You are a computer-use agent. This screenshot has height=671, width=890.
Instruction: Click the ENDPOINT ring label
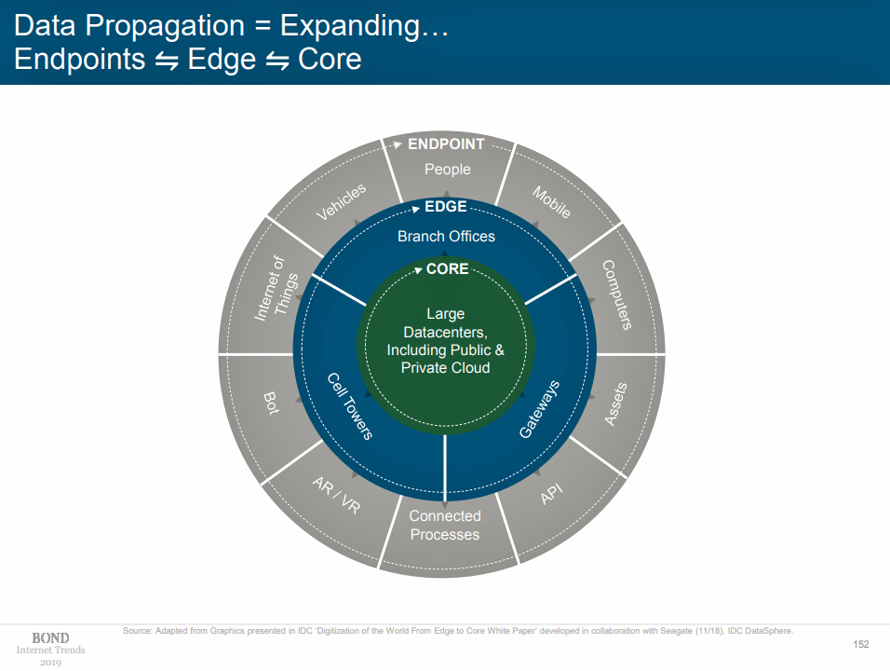click(x=446, y=144)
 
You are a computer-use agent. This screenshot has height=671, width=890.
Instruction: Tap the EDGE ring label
click(x=445, y=207)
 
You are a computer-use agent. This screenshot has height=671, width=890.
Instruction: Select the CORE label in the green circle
click(x=447, y=269)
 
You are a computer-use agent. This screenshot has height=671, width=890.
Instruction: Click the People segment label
click(x=448, y=170)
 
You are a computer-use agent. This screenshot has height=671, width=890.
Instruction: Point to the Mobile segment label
click(x=551, y=202)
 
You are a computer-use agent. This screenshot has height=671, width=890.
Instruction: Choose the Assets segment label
click(x=615, y=404)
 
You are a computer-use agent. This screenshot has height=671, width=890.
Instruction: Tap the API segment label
click(x=552, y=495)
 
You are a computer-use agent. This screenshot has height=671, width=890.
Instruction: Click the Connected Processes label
click(x=445, y=526)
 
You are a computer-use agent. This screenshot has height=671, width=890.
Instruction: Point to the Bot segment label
click(x=271, y=404)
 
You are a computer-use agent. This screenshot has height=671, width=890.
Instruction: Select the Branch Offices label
click(x=446, y=237)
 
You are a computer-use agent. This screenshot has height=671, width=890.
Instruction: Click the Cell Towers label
click(x=350, y=406)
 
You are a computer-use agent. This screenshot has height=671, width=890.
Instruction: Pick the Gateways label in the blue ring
click(x=539, y=409)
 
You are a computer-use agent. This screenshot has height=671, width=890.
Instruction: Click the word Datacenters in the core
click(x=445, y=332)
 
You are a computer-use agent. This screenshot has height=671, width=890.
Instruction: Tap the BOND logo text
click(x=50, y=638)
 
